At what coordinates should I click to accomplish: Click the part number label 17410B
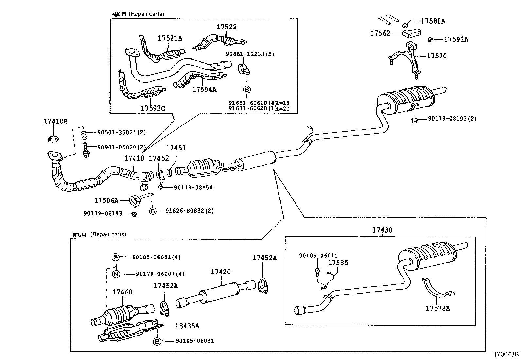click(x=55, y=121)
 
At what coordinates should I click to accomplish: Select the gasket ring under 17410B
click(x=53, y=139)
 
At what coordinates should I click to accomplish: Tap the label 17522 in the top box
click(x=226, y=27)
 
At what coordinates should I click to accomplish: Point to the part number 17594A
click(x=204, y=89)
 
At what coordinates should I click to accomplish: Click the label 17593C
click(x=153, y=108)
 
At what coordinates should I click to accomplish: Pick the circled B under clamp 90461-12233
click(x=247, y=89)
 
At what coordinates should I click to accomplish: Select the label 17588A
click(x=433, y=21)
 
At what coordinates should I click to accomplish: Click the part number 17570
click(x=437, y=56)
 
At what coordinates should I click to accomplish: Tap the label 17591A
click(x=456, y=39)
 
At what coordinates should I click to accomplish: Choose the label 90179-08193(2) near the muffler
click(x=452, y=118)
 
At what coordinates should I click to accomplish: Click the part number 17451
click(x=175, y=148)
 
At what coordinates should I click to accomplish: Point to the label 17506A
click(x=106, y=200)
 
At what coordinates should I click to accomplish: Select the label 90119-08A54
click(x=193, y=188)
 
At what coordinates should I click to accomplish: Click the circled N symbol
click(x=116, y=274)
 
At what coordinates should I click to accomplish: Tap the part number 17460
click(x=122, y=292)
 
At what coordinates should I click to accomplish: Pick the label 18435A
click(x=187, y=326)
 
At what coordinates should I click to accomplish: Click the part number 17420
click(x=221, y=272)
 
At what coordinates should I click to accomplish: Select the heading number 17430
click(x=382, y=230)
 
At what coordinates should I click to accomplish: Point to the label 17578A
click(x=438, y=308)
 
